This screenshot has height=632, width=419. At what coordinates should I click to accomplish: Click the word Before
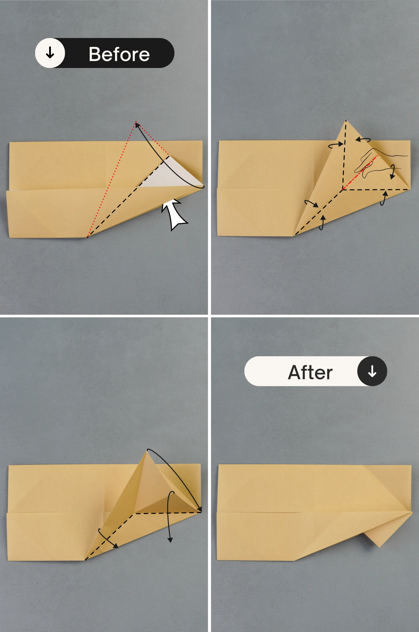[119, 54]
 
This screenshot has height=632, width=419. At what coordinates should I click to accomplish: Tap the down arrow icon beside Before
[50, 53]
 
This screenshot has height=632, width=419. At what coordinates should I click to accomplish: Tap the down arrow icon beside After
[372, 371]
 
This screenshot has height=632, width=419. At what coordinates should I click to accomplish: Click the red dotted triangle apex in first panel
[135, 122]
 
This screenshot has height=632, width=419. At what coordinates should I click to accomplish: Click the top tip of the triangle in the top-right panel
[346, 120]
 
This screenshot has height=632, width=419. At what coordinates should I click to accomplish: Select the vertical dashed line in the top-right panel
[344, 155]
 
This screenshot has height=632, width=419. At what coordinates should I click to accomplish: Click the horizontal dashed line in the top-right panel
[376, 190]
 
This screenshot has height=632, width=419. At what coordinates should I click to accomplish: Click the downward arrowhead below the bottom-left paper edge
[170, 540]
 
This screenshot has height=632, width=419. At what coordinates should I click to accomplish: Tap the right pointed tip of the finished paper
[412, 512]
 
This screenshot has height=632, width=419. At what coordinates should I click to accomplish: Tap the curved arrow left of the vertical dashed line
[335, 145]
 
